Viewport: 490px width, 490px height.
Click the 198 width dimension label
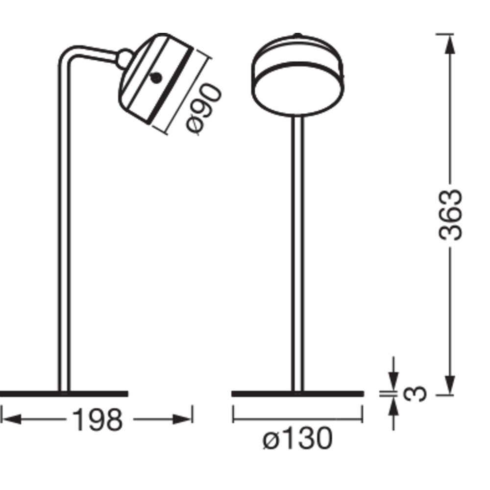tap(98, 420)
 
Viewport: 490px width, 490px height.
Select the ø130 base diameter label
tap(297, 439)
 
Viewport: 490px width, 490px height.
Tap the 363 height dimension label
tap(450, 215)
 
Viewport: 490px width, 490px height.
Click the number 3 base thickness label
tap(415, 394)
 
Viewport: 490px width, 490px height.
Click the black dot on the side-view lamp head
tap(156, 78)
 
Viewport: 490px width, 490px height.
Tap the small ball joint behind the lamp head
tap(124, 59)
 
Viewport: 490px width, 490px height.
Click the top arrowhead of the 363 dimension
tap(450, 44)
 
